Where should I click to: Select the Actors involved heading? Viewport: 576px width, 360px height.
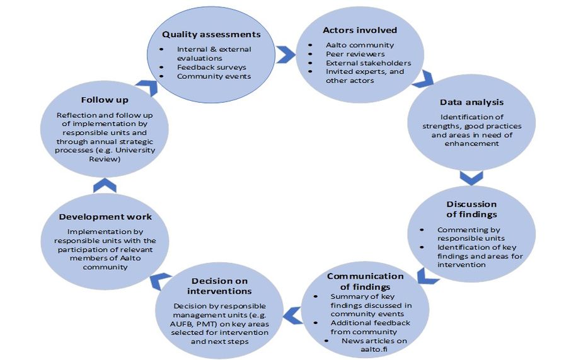tap(360, 30)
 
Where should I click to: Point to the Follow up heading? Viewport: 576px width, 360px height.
tap(105, 100)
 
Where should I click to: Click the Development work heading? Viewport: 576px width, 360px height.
tap(105, 217)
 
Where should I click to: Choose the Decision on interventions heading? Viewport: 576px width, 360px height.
tap(219, 286)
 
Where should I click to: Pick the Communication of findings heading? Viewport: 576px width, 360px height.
tap(365, 282)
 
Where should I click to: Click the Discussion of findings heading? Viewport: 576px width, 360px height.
tap(471, 209)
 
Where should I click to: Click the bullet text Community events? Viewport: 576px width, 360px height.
tap(214, 76)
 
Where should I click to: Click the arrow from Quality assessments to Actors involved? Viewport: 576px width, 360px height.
tap(285, 55)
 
